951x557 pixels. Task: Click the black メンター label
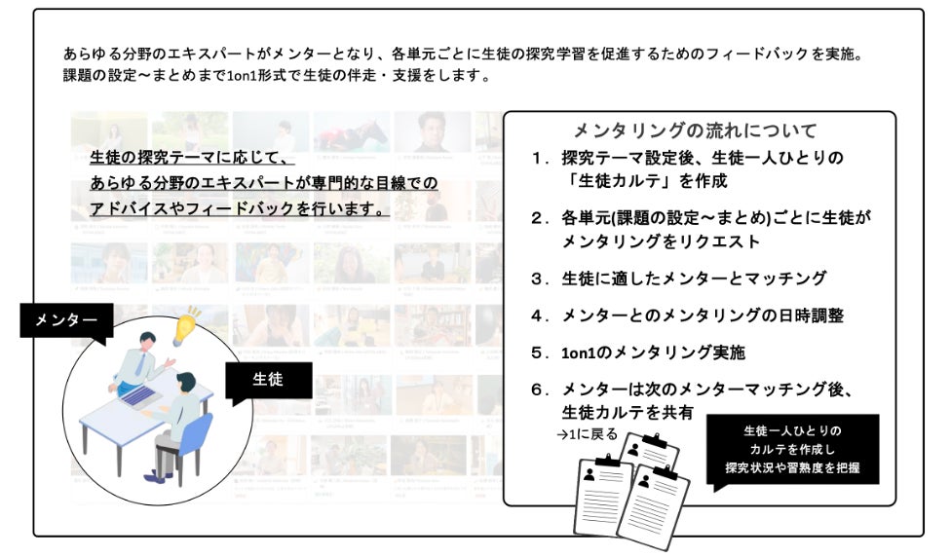66,319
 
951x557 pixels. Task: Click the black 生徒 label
267,380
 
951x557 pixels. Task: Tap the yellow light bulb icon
187,326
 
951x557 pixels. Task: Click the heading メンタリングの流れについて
695,130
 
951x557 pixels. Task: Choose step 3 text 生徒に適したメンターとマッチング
694,278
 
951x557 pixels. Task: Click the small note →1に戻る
593,434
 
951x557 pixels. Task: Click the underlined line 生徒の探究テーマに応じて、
191,157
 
